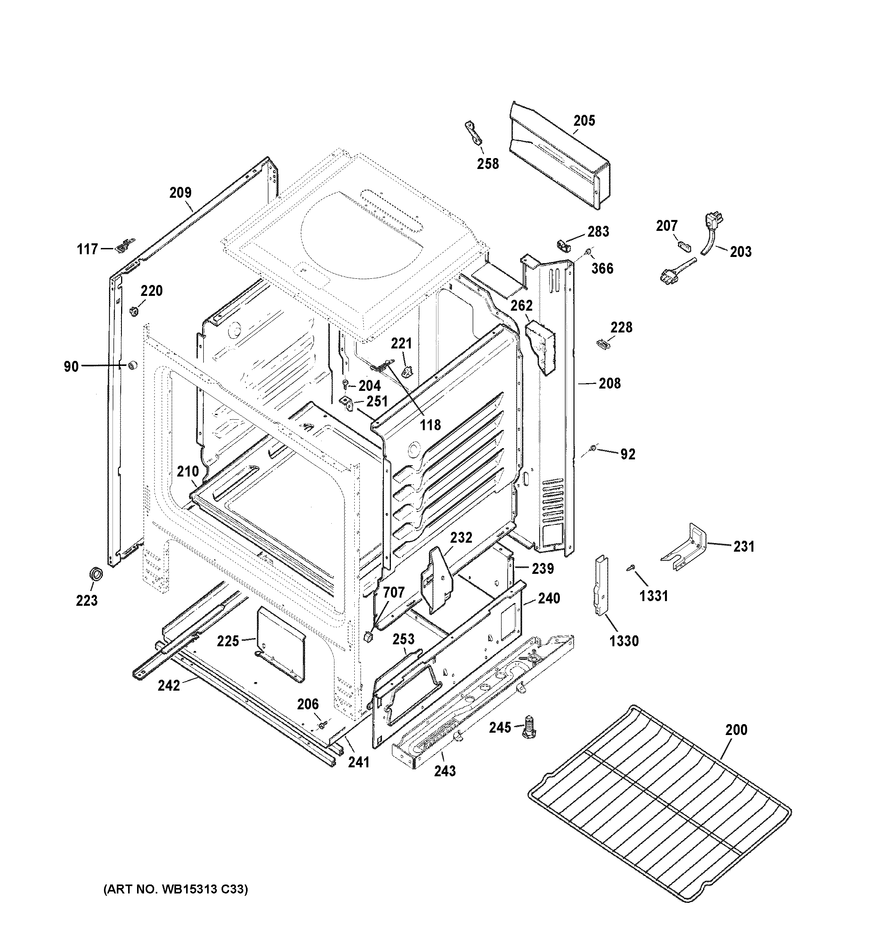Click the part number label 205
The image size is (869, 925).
[584, 121]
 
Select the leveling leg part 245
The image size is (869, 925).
[529, 726]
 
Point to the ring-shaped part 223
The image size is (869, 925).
[95, 574]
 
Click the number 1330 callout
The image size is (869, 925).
[624, 641]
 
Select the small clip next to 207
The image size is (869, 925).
[682, 245]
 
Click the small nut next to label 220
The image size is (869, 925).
[134, 310]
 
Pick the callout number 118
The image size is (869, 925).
[430, 425]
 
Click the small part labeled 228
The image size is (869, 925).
[603, 343]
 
